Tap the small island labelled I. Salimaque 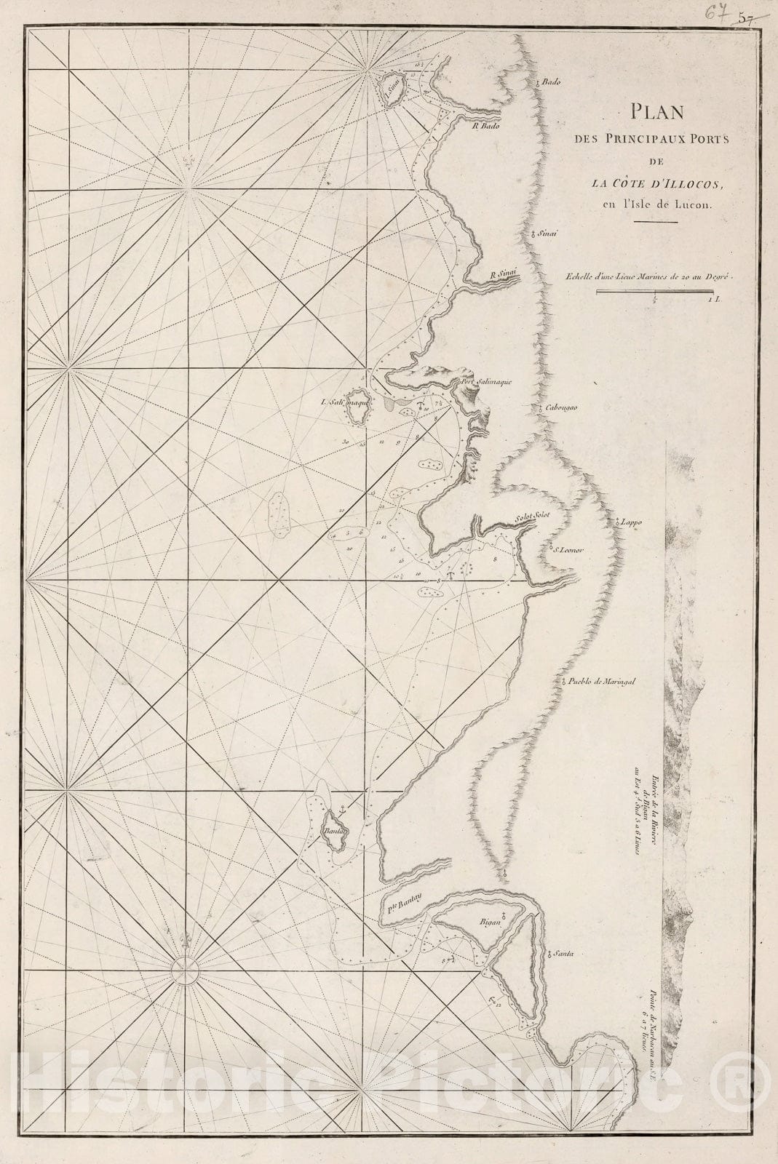coord(357,412)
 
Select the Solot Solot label coord(533,517)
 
